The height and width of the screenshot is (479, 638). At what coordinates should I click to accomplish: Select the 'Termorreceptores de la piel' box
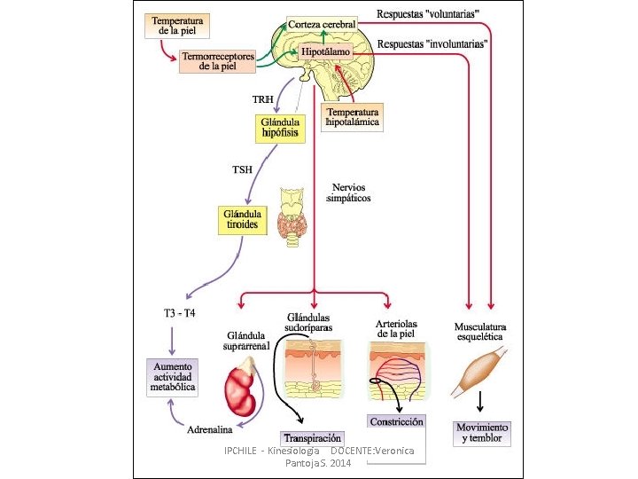[218, 60]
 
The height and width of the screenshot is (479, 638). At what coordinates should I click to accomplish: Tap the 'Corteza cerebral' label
[322, 24]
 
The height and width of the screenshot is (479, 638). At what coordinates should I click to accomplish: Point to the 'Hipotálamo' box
[325, 52]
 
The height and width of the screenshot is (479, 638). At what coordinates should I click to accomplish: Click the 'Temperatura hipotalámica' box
[354, 118]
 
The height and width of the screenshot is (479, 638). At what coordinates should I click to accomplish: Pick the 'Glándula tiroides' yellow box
[242, 220]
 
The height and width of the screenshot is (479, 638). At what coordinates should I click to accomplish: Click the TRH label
[263, 98]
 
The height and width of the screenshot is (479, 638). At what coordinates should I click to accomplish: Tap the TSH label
[243, 169]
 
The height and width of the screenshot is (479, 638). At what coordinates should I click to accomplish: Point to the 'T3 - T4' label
[181, 312]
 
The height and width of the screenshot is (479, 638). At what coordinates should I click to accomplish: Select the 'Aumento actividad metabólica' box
[173, 376]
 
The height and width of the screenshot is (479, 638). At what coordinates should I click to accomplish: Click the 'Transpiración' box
[312, 438]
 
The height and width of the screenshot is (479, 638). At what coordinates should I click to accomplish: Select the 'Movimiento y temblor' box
[479, 433]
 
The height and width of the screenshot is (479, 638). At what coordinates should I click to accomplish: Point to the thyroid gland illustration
[292, 218]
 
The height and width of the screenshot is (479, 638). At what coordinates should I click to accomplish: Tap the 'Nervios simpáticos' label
[350, 193]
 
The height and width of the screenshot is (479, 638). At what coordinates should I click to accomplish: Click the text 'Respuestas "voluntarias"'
[429, 14]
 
